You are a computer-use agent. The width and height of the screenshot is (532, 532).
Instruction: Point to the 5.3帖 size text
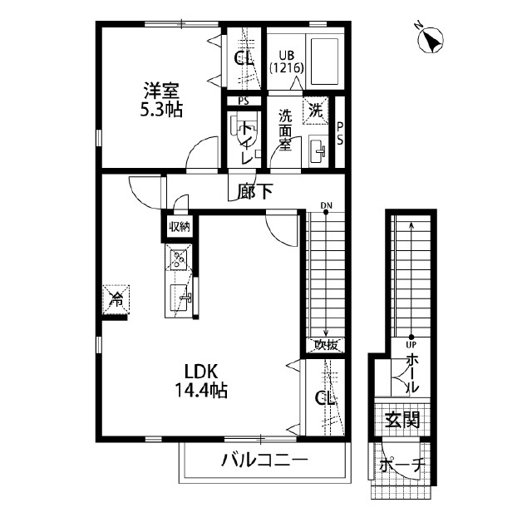161,109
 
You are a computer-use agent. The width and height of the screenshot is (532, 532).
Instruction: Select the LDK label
201,371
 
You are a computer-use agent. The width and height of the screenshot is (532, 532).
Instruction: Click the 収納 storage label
180,226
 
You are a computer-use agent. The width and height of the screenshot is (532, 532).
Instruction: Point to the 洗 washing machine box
317,109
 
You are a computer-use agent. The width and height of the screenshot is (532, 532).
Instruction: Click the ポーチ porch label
401,465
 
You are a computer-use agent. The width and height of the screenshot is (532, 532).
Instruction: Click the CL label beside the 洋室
244,58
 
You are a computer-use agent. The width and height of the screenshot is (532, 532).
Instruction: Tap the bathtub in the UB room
327,60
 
